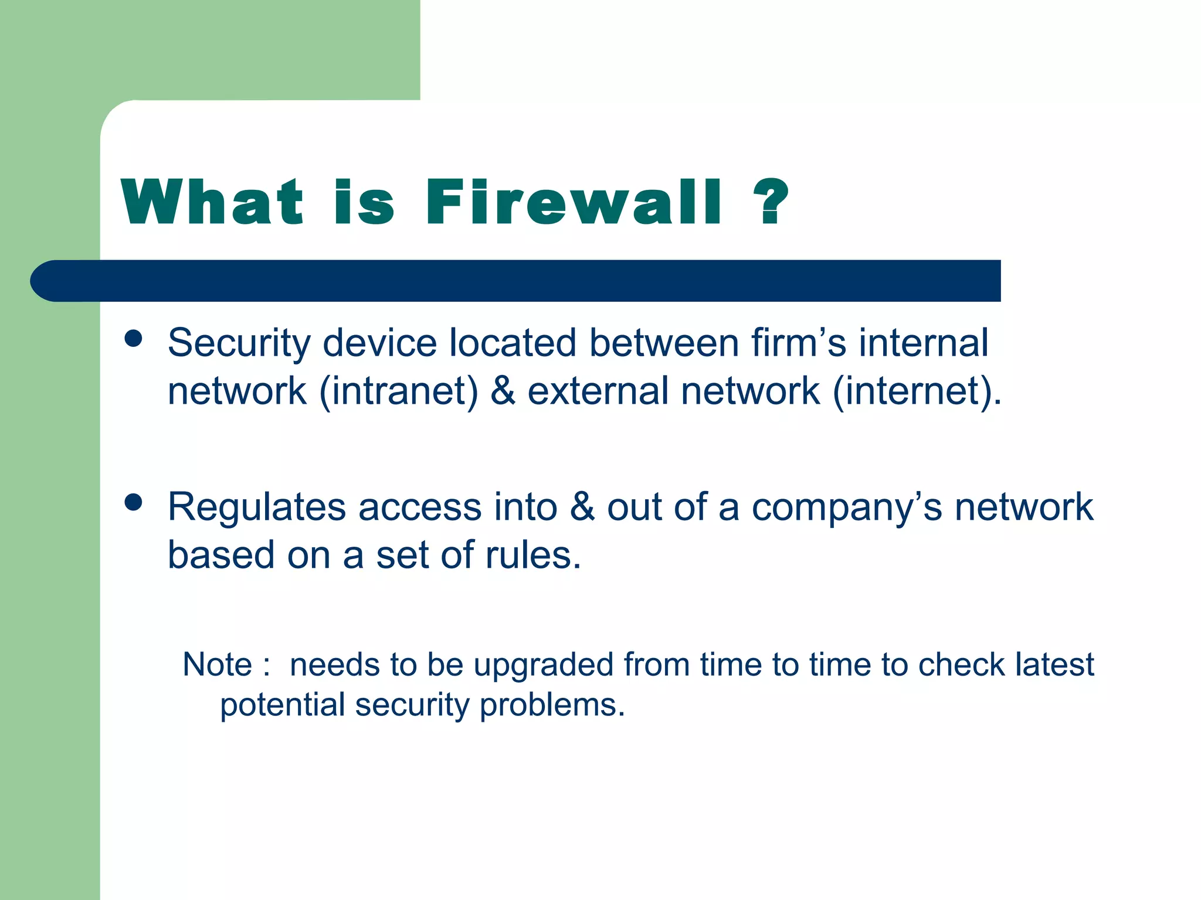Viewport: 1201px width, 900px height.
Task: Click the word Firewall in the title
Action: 574,202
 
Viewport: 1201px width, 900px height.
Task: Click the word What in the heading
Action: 212,202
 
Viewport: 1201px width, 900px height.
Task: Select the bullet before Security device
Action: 134,338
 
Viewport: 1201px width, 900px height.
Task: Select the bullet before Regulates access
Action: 134,502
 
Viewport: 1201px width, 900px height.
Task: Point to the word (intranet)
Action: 399,391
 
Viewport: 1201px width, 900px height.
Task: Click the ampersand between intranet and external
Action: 503,391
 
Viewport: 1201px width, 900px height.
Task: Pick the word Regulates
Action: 257,507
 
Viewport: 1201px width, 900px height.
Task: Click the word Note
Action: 217,664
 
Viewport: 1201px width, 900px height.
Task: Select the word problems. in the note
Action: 552,705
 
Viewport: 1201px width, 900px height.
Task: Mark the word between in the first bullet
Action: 663,343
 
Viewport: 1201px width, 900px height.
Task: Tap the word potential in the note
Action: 282,705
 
